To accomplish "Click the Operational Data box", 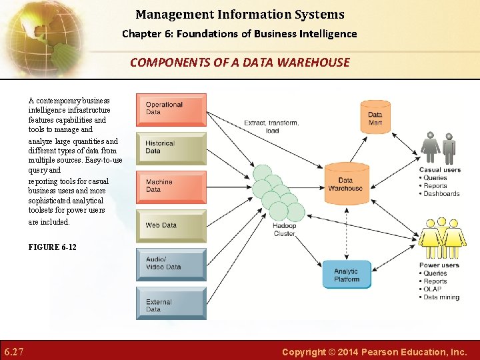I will (171, 109).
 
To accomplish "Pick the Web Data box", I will (171, 225).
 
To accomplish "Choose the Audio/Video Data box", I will (171, 264).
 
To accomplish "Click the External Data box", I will (171, 303).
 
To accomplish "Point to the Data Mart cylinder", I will (375, 118).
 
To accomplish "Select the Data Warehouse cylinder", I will (346, 183).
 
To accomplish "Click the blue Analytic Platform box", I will (347, 275).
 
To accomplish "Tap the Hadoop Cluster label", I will (285, 230).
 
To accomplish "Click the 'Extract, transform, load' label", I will (271, 127).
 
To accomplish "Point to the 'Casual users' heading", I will (439, 170).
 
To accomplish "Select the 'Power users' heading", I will (439, 265).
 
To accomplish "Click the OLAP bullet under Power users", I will (432, 289).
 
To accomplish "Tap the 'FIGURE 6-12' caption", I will (53, 247).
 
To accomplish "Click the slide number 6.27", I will (14, 351).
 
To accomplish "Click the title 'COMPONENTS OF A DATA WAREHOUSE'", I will (239, 63).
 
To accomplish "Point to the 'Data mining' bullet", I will (441, 297).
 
